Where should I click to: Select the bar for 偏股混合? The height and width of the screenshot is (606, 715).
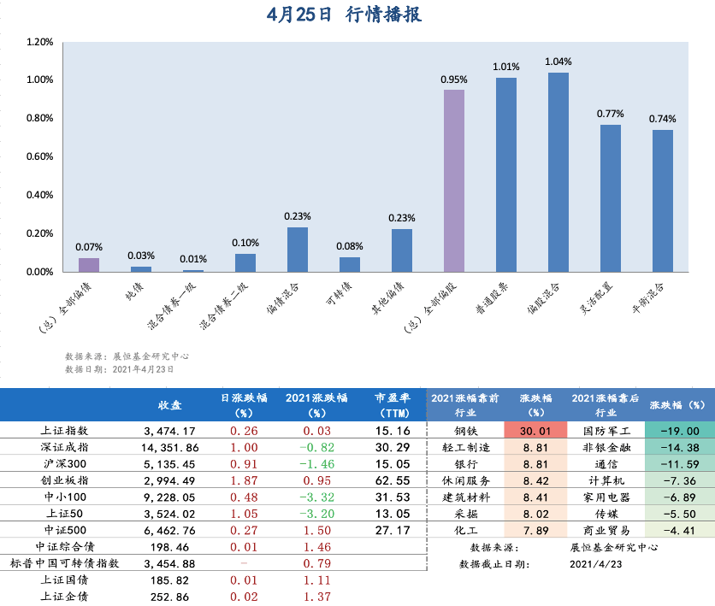click(x=558, y=172)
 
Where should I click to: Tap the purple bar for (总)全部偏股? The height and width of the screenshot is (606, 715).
click(x=454, y=180)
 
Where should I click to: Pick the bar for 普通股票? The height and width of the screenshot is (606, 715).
click(x=506, y=174)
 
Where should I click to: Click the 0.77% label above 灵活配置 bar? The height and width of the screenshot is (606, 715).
click(x=611, y=114)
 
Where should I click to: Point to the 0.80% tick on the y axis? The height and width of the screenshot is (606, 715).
click(x=40, y=119)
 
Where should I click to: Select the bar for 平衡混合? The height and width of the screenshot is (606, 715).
click(x=663, y=200)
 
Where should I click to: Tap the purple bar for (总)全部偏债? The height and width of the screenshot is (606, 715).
click(x=89, y=264)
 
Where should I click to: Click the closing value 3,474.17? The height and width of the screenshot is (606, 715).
click(x=170, y=432)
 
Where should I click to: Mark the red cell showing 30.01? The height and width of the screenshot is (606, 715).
click(x=535, y=432)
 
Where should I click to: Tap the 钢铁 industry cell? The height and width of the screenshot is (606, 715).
click(x=465, y=432)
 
